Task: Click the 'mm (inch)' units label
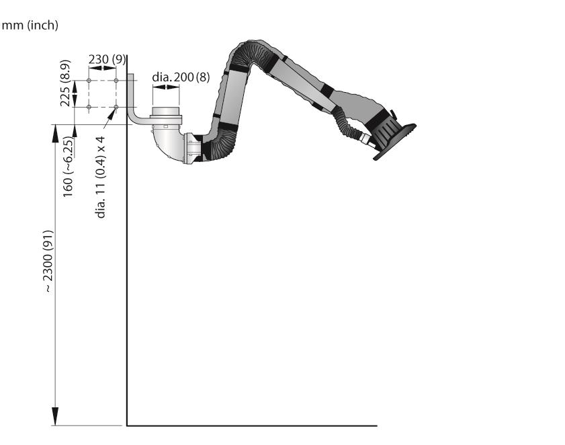[30, 26]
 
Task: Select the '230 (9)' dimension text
[107, 59]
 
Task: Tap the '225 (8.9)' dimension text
[65, 83]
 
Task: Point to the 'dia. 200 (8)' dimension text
[181, 77]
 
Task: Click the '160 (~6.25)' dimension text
[68, 167]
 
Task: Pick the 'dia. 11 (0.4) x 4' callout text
[101, 177]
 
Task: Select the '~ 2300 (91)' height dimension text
[48, 261]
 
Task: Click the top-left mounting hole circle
[89, 81]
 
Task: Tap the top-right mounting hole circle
[116, 81]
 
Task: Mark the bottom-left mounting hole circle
[89, 107]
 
